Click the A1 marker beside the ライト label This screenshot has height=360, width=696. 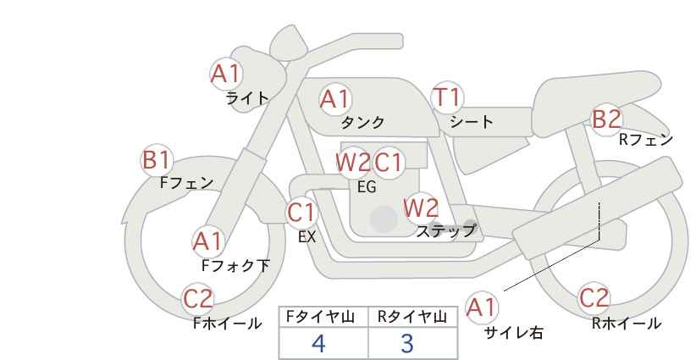click(x=226, y=74)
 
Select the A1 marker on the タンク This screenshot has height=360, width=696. click(x=335, y=99)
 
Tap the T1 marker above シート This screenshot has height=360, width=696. click(x=447, y=97)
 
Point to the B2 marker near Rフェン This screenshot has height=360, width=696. click(x=607, y=119)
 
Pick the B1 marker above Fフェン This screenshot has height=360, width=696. click(x=157, y=160)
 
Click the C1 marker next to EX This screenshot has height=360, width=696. click(x=301, y=213)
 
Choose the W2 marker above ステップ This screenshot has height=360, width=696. click(x=421, y=208)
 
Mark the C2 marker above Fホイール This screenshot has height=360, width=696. click(x=198, y=299)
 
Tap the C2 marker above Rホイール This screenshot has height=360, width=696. click(x=594, y=298)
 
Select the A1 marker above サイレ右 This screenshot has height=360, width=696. click(x=482, y=307)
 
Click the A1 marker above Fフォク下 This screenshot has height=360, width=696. click(x=207, y=242)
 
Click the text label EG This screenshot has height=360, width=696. click(x=367, y=187)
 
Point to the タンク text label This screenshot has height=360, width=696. click(x=362, y=122)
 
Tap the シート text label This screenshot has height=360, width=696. click(x=472, y=121)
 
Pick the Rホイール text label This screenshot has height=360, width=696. click(x=627, y=324)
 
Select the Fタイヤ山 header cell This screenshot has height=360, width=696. click(x=323, y=317)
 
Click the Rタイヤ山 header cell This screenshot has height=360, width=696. click(x=413, y=317)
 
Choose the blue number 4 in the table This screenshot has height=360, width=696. click(x=318, y=343)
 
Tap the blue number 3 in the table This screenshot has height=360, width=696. click(x=407, y=343)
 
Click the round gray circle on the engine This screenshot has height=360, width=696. click(x=384, y=219)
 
